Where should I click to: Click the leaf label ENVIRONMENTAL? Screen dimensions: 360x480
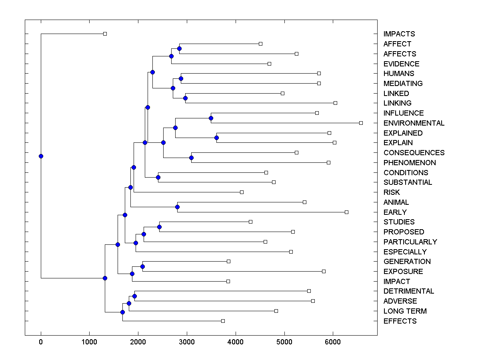tap(414, 123)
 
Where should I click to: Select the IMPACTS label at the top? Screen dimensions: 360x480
tap(399, 34)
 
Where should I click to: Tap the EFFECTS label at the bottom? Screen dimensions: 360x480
tap(400, 321)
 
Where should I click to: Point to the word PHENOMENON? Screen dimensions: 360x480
tap(409, 163)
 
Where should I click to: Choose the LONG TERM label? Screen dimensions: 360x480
tap(405, 311)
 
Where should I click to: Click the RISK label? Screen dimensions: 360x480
tap(391, 192)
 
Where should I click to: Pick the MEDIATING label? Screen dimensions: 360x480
tap(403, 84)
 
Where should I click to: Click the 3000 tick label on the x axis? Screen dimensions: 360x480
tap(187, 342)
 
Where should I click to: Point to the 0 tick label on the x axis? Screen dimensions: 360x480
tap(41, 342)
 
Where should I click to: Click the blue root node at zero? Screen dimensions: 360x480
tap(41, 156)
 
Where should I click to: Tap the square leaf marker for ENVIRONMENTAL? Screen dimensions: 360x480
tap(361, 123)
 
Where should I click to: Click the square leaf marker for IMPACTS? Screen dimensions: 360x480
tap(105, 34)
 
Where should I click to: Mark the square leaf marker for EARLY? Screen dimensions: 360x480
tap(346, 212)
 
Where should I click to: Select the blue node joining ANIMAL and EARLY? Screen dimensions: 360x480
tap(177, 207)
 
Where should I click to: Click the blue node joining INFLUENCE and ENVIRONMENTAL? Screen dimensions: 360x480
tap(211, 118)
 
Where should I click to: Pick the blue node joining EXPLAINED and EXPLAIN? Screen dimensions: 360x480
tap(216, 138)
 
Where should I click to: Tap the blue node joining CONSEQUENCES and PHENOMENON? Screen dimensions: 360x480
tap(191, 158)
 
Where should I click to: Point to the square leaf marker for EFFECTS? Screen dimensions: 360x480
tap(223, 321)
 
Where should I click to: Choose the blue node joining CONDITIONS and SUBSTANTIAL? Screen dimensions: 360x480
tap(158, 177)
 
